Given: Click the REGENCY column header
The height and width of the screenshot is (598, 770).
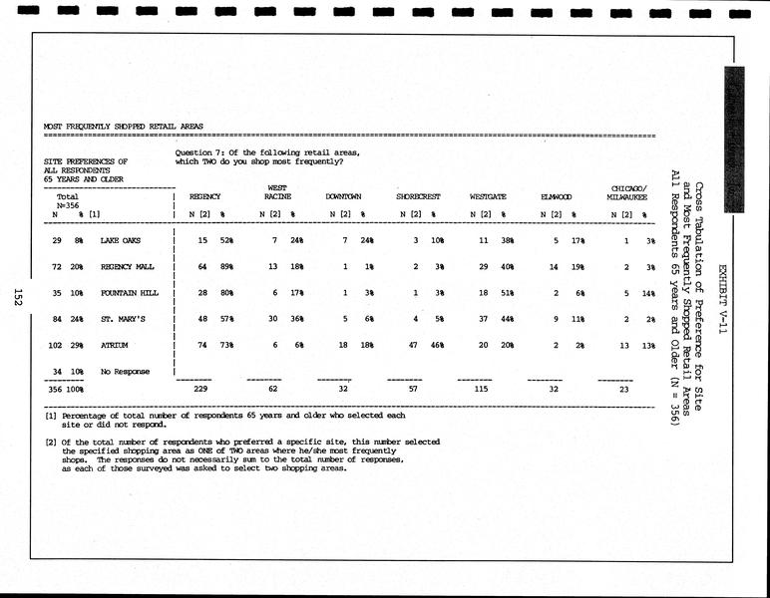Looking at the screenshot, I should pos(204,197).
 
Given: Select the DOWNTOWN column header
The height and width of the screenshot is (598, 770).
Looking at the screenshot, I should pos(343,197).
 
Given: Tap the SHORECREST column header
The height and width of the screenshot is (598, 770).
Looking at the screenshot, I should pos(418,197).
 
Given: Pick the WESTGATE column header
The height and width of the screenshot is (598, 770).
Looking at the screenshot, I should pos(488,197).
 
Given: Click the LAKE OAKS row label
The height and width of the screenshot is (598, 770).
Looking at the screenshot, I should pos(121,241).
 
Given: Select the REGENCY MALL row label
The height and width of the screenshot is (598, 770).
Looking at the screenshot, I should pos(128,268).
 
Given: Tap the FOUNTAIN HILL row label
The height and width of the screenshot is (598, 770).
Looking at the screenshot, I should pos(130,295).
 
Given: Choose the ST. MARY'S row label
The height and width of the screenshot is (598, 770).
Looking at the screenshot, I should pos(123,320).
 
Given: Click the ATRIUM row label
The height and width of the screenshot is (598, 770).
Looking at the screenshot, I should pos(115,346).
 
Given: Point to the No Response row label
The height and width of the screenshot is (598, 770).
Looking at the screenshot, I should pos(125,372).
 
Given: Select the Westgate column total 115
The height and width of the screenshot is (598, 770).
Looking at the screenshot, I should pos(481,390).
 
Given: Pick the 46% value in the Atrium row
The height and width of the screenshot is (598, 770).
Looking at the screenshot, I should pos(436,346).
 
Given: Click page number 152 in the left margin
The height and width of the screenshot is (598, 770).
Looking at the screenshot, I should pos(18,296).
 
